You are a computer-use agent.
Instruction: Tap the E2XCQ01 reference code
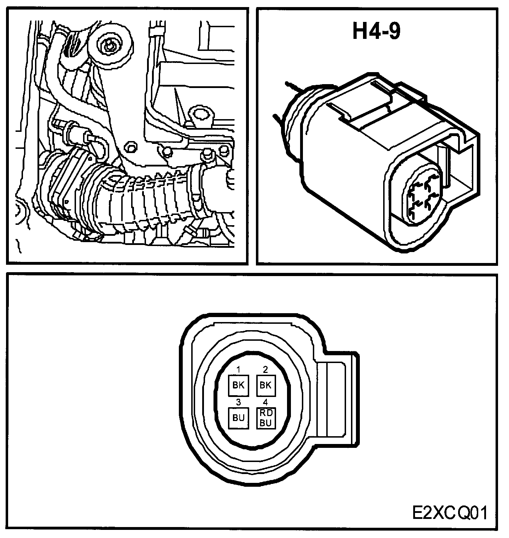click(449, 513)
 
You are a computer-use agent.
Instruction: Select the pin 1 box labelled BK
click(239, 385)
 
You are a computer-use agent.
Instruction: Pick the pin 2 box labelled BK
click(265, 385)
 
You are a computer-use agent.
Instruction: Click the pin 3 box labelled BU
click(239, 418)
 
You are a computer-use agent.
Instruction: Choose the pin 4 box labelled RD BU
click(265, 418)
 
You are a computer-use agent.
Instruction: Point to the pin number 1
click(239, 370)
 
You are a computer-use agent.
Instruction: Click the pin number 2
click(265, 370)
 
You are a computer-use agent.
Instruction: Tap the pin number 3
click(239, 402)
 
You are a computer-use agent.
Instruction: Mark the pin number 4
click(265, 402)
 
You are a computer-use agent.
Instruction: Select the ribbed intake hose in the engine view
click(148, 205)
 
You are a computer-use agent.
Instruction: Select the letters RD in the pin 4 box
click(265, 413)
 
